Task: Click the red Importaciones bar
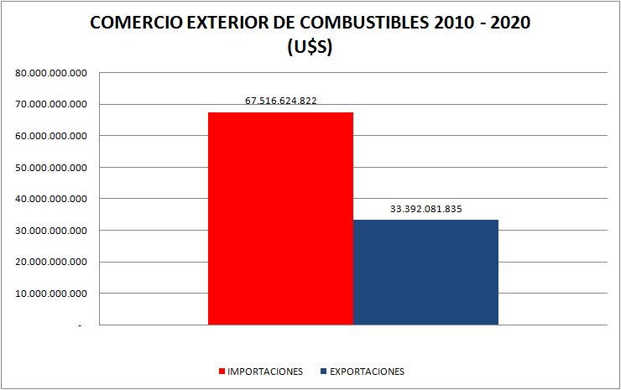[x=280, y=218]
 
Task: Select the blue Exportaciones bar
[x=425, y=272]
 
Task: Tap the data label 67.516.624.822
[x=281, y=101]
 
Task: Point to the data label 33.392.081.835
[x=426, y=208]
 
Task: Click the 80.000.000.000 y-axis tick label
[x=52, y=73]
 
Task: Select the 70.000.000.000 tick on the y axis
[x=52, y=105]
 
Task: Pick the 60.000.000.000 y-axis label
[x=52, y=136]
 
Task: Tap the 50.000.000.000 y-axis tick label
[x=52, y=168]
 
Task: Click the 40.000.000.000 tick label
[x=52, y=199]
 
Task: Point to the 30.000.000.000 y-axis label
[x=52, y=231]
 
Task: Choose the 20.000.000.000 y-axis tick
[x=52, y=262]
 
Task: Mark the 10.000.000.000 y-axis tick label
[x=52, y=294]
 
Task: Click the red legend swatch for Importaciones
[x=222, y=371]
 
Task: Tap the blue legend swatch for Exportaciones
[x=323, y=371]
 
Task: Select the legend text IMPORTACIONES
[x=265, y=371]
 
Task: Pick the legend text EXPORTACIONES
[x=367, y=371]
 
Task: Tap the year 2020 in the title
[x=507, y=23]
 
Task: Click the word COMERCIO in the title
[x=133, y=23]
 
